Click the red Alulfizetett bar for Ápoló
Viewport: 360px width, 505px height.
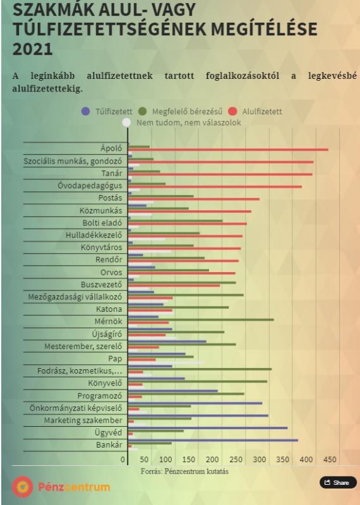point(228,150)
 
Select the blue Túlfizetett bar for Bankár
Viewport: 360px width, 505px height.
point(213,440)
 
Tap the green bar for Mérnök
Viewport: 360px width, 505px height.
point(201,320)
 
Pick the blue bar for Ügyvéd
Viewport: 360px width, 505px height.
point(208,428)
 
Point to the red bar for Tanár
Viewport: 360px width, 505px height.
point(220,174)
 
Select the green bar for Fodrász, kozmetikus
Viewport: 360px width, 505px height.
point(200,369)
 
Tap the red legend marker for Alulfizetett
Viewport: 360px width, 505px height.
point(232,112)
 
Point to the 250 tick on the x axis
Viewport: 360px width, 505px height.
point(236,460)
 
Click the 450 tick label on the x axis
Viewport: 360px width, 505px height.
point(330,460)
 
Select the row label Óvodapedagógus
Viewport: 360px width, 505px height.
point(90,186)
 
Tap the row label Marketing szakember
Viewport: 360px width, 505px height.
point(83,420)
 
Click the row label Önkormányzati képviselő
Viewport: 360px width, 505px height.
point(76,408)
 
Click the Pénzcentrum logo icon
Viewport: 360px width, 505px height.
point(23,487)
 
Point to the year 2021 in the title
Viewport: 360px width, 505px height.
point(33,49)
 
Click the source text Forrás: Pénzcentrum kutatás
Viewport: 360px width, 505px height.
point(184,472)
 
